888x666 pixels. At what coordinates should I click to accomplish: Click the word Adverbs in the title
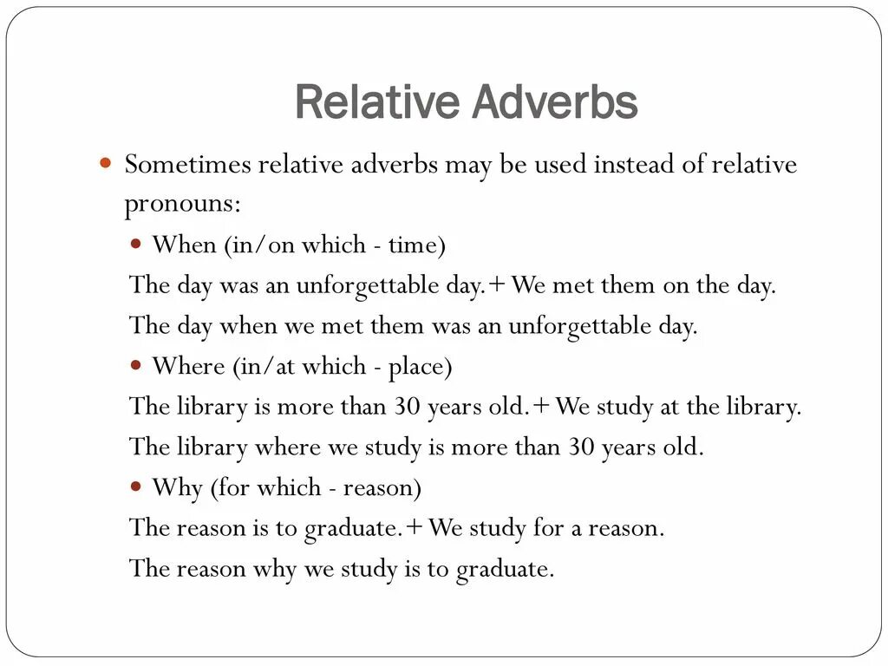pyautogui.click(x=554, y=102)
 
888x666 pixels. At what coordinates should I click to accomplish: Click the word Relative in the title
pyautogui.click(x=378, y=102)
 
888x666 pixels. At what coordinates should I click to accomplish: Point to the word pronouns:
pyautogui.click(x=183, y=206)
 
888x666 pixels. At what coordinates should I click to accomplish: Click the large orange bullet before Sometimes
pyautogui.click(x=107, y=163)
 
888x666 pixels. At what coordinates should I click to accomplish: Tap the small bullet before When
pyautogui.click(x=136, y=245)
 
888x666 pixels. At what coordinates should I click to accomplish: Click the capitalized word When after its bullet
pyautogui.click(x=185, y=245)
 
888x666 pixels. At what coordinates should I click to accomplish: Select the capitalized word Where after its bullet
pyautogui.click(x=188, y=366)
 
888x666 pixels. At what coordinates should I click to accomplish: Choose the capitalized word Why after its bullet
pyautogui.click(x=177, y=487)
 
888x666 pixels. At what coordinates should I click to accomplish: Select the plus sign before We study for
pyautogui.click(x=415, y=528)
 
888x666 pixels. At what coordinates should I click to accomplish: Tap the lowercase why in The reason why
pyautogui.click(x=274, y=569)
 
